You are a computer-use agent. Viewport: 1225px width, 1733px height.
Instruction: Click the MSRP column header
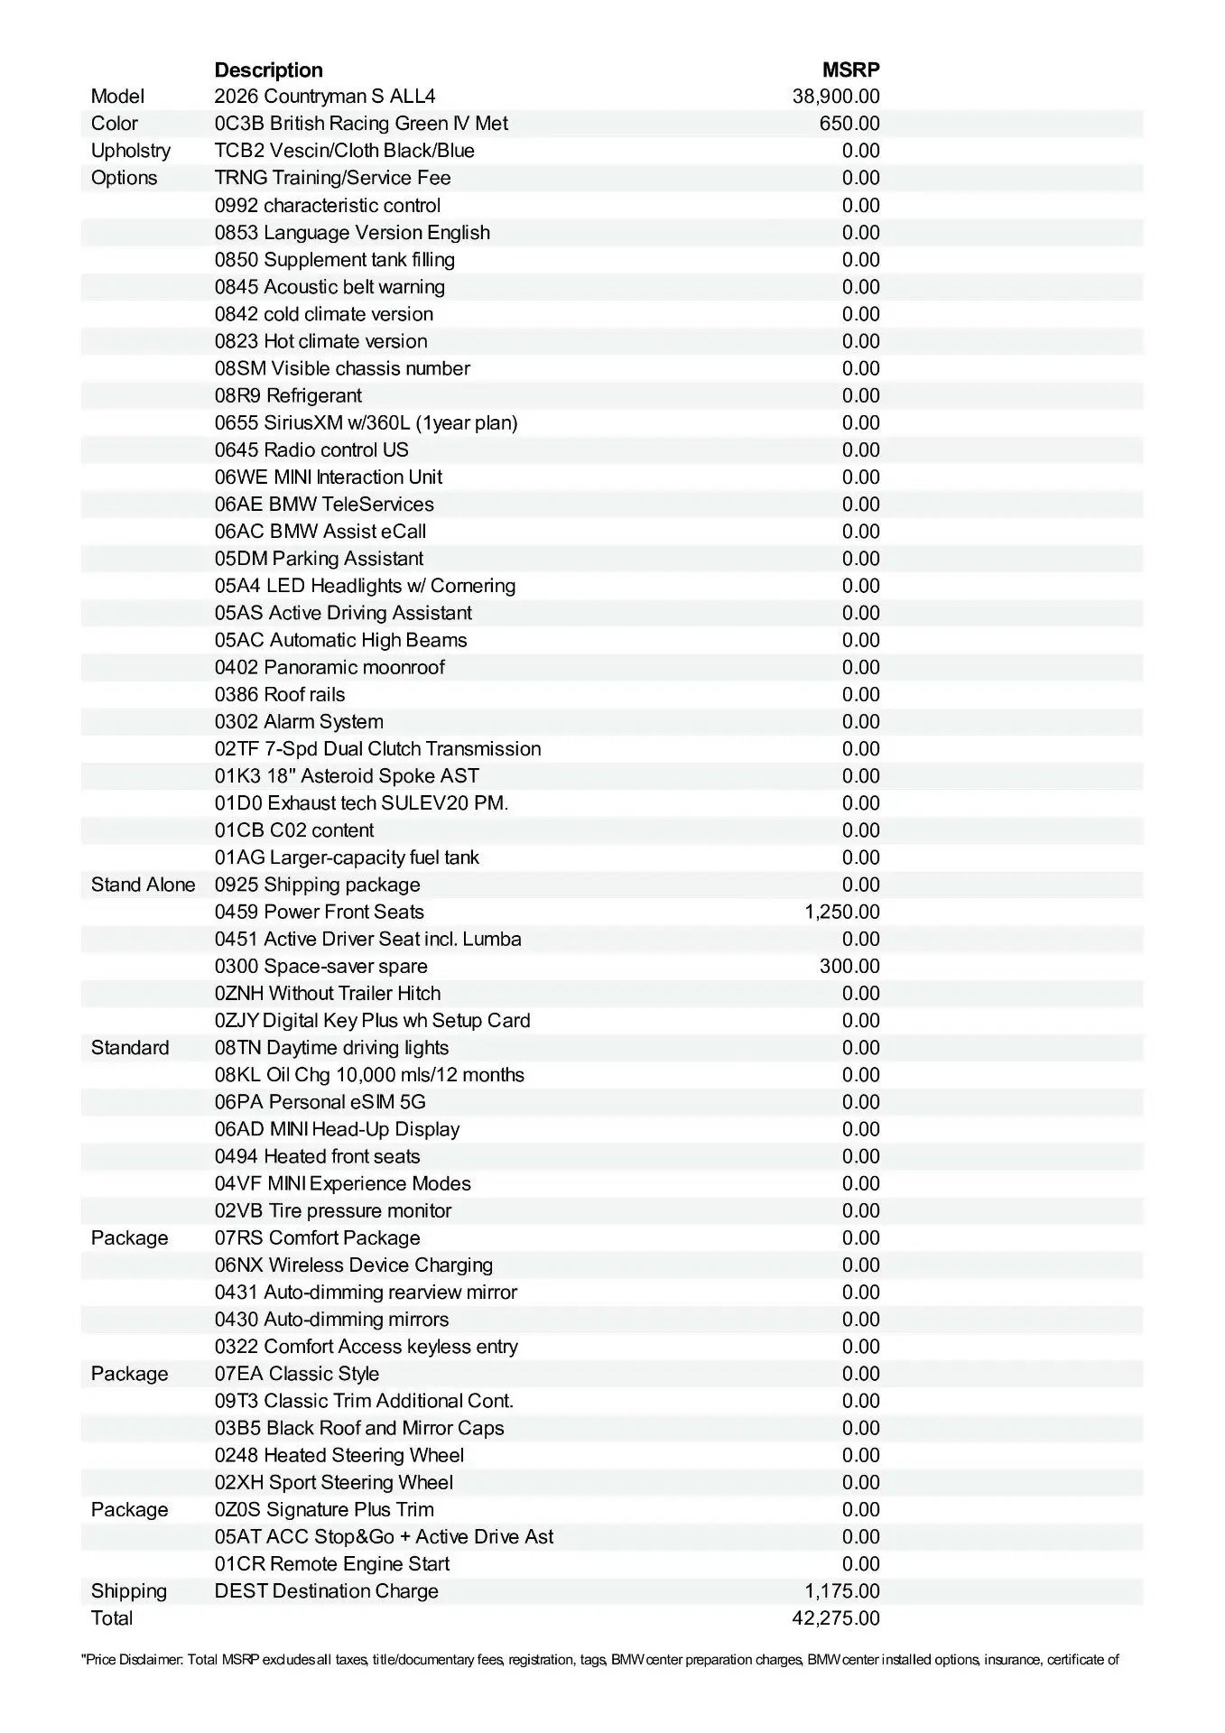[x=850, y=70]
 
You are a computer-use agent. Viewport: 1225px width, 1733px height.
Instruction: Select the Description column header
[x=268, y=70]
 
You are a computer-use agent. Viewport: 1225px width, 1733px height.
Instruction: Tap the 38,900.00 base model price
[x=836, y=97]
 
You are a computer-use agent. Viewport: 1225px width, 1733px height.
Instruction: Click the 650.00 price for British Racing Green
[x=849, y=124]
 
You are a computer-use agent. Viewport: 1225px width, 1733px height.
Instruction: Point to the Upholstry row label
[x=131, y=151]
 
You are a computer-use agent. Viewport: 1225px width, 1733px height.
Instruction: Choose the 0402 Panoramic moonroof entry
[x=329, y=667]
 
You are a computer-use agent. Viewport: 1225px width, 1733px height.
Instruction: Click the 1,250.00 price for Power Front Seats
[x=842, y=912]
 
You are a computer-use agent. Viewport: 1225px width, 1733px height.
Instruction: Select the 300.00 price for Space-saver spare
[x=849, y=966]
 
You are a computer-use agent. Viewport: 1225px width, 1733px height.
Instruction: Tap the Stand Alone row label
[x=143, y=885]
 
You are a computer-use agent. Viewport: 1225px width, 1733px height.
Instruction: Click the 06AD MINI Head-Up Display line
[x=337, y=1129]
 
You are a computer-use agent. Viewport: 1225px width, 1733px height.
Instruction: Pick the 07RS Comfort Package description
[x=317, y=1237]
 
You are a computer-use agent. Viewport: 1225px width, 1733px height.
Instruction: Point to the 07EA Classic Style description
[x=296, y=1374]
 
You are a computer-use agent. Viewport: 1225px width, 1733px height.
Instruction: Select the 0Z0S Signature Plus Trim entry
[x=324, y=1509]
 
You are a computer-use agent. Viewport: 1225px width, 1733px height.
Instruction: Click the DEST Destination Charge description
[x=326, y=1590]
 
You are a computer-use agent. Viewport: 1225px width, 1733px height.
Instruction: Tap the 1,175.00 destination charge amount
[x=842, y=1590]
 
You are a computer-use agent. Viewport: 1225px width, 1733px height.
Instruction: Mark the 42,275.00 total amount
[x=836, y=1617]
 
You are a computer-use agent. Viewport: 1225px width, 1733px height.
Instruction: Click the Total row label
[x=112, y=1617]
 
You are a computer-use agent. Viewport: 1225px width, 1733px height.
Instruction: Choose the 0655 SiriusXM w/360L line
[x=366, y=422]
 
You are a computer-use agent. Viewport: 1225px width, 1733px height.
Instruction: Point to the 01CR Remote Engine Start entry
[x=331, y=1563]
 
